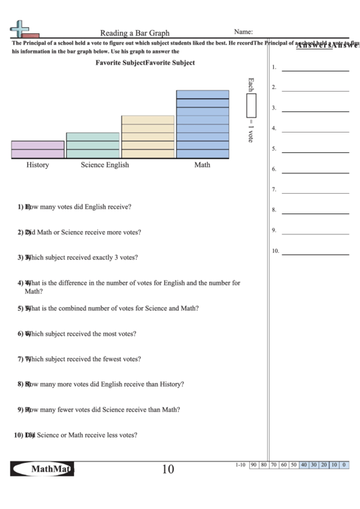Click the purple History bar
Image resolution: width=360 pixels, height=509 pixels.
37,150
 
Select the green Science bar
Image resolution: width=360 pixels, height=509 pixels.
92,145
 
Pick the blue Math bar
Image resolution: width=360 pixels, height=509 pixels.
202,124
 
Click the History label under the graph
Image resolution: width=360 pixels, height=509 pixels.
37,165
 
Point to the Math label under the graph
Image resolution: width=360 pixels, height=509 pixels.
202,165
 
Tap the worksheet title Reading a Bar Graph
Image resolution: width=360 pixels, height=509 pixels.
135,33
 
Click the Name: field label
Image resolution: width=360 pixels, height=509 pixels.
243,32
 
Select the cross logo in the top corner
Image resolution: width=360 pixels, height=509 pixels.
20,29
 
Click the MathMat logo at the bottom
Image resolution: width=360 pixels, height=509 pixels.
43,469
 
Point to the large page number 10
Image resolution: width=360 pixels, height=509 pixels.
168,469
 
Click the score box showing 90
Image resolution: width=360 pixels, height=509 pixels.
253,465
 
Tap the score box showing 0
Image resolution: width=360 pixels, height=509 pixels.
344,465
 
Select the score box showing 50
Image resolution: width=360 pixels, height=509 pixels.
293,465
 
